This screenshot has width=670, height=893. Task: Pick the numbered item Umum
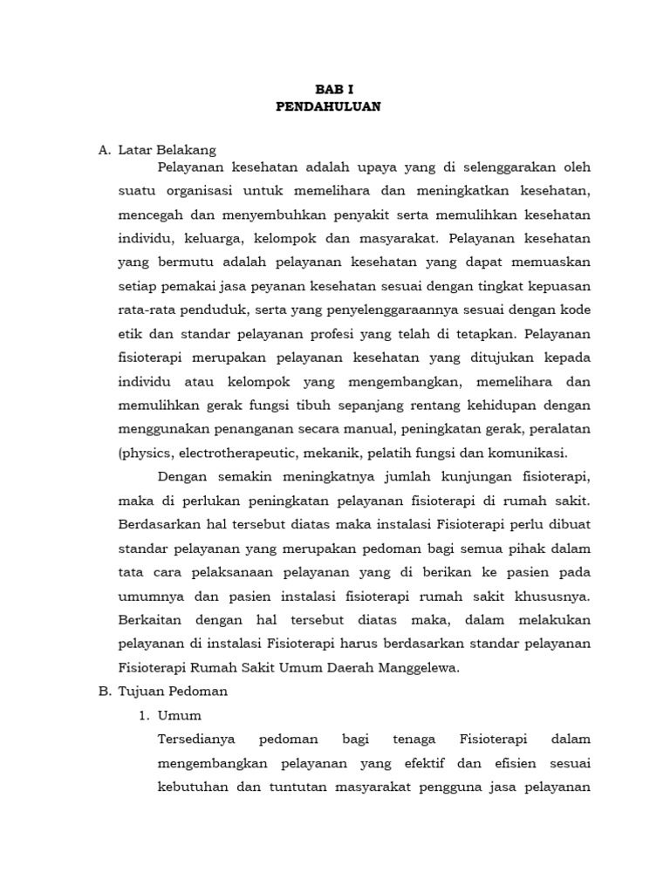point(179,715)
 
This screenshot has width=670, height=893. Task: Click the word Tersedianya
point(195,740)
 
